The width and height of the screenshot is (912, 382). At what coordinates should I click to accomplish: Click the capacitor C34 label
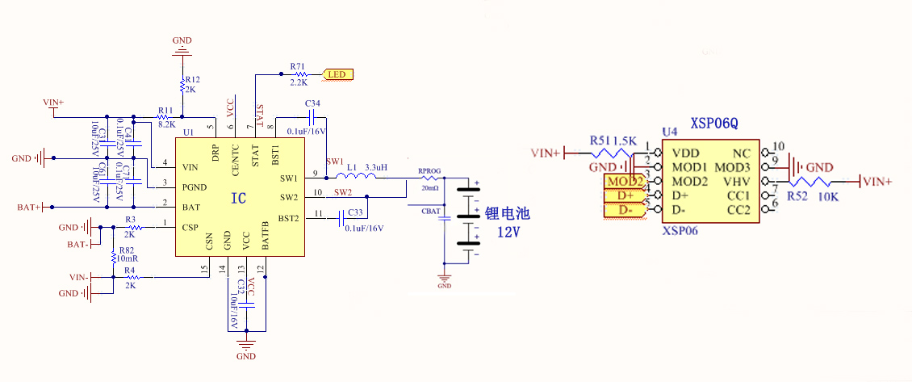coord(313,104)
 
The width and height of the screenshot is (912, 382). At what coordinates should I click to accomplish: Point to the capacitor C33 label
coord(355,212)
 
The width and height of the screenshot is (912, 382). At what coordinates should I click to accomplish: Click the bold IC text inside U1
coord(239,198)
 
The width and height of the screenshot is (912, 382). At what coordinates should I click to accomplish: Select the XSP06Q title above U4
coord(714,124)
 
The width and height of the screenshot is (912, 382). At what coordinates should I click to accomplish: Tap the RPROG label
coord(429,171)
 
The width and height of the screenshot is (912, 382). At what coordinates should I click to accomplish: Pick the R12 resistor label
coord(192,80)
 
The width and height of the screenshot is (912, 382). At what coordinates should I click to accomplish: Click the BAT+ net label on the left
coord(28,208)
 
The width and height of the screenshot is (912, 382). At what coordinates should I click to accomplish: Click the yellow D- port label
coord(625,210)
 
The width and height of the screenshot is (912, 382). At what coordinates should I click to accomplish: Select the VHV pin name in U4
coord(738,181)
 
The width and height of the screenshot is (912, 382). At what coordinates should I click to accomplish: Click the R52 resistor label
coord(797,196)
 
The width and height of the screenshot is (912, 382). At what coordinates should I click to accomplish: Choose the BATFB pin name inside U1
coord(266,234)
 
